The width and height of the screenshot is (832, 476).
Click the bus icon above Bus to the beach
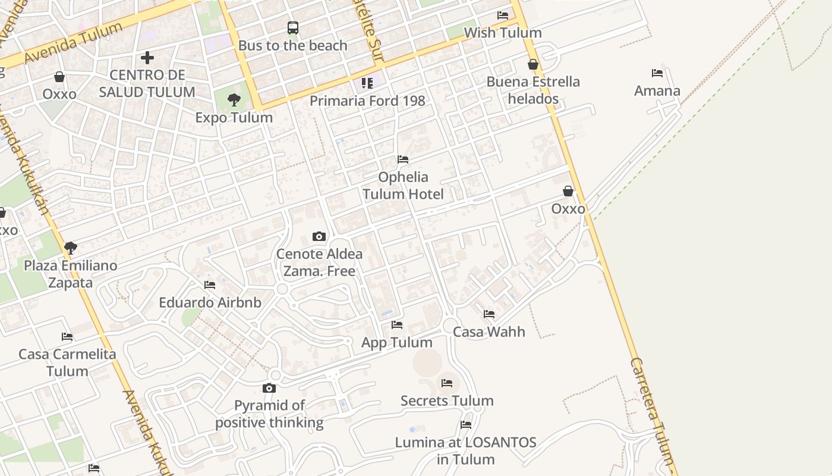click(293, 27)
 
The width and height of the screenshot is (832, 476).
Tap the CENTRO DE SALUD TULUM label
click(147, 83)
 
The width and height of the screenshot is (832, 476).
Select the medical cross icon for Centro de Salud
click(147, 58)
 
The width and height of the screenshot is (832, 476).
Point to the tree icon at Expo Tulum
click(234, 99)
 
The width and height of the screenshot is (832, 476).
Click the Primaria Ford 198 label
click(367, 101)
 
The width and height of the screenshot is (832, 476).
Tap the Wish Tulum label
click(503, 33)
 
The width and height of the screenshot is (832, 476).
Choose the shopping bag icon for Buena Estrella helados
click(533, 64)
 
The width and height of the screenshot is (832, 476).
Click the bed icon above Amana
click(657, 73)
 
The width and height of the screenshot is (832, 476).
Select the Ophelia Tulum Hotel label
click(403, 185)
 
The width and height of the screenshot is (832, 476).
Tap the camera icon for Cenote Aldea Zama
click(319, 237)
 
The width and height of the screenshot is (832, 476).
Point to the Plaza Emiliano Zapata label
click(71, 274)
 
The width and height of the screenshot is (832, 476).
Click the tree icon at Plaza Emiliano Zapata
click(71, 248)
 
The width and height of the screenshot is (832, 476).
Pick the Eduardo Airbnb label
click(210, 302)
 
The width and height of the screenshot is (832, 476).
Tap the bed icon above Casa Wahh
click(489, 314)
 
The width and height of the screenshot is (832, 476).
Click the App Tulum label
click(397, 342)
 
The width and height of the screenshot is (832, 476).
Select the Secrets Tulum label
click(447, 400)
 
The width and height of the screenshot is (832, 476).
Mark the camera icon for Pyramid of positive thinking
click(269, 389)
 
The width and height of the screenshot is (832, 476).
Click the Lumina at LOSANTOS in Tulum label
click(466, 450)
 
